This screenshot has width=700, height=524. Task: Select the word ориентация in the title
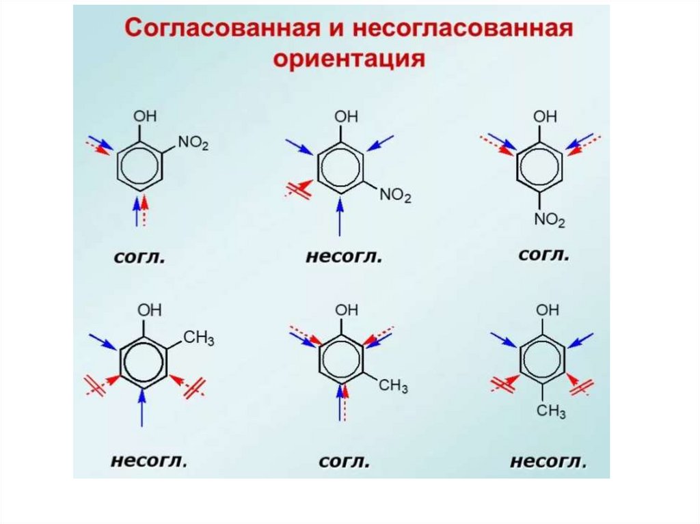349,59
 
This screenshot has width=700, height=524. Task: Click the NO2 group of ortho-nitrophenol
193,143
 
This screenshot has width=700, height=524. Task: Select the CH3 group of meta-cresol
394,386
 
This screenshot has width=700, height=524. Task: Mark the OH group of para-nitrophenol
546,117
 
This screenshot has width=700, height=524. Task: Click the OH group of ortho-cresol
150,309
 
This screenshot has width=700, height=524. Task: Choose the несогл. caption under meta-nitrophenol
343,258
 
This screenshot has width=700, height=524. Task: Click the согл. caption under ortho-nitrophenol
139,258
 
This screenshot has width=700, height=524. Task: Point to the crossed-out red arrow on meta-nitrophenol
300,189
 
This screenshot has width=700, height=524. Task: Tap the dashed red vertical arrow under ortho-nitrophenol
145,211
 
